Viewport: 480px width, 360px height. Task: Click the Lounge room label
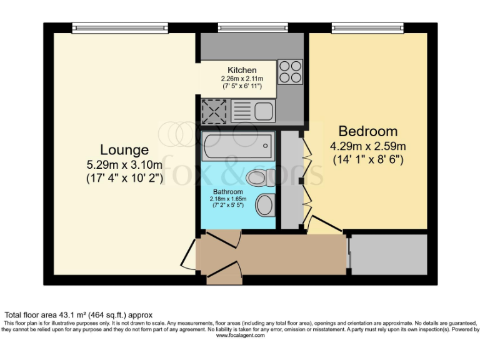(124, 150)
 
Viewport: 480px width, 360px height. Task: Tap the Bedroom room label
(367, 131)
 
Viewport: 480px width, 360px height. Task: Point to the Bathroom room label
(227, 192)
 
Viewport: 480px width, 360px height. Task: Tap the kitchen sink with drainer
(252, 112)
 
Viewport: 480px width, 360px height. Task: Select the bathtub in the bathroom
(237, 147)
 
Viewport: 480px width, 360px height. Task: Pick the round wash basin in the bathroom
(266, 204)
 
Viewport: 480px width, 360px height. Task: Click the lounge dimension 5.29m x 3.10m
(124, 165)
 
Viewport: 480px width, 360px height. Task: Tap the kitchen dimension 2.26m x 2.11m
(242, 79)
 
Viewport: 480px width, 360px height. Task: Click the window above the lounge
(119, 27)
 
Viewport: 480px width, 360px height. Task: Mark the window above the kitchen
(252, 27)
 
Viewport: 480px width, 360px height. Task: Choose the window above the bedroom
(367, 27)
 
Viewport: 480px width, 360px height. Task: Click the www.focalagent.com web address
(240, 336)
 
